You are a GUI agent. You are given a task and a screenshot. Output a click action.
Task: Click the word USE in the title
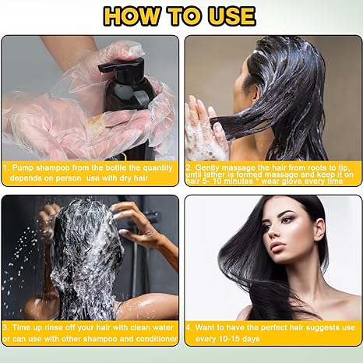229,16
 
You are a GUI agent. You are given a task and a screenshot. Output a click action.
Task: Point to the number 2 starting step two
189,167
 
